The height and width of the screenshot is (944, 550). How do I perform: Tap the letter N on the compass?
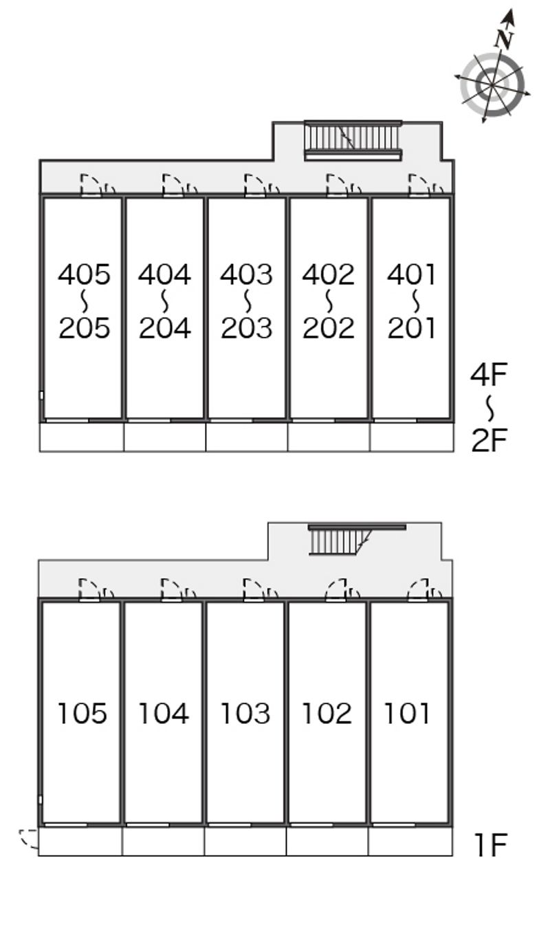[x=506, y=39]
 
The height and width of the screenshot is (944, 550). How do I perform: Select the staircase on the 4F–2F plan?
[x=352, y=140]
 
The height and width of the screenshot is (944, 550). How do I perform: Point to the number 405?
[x=84, y=275]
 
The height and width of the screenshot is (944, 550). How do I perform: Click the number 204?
[x=165, y=328]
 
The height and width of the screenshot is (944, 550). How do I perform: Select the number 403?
[x=246, y=275]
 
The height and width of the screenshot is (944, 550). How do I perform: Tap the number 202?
[x=328, y=328]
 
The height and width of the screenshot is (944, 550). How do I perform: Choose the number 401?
[x=411, y=275]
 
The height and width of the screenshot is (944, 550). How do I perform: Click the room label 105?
[x=82, y=714]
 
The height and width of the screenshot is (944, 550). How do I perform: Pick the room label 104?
[x=164, y=714]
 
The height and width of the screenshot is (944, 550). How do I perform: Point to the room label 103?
[x=245, y=714]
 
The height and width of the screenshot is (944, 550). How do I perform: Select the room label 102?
[x=327, y=714]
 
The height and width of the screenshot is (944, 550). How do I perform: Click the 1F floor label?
[x=490, y=845]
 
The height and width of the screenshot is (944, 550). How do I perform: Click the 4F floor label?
[x=489, y=375]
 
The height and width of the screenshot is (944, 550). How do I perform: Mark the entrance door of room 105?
[x=90, y=591]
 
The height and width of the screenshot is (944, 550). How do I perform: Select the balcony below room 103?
[x=245, y=842]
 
